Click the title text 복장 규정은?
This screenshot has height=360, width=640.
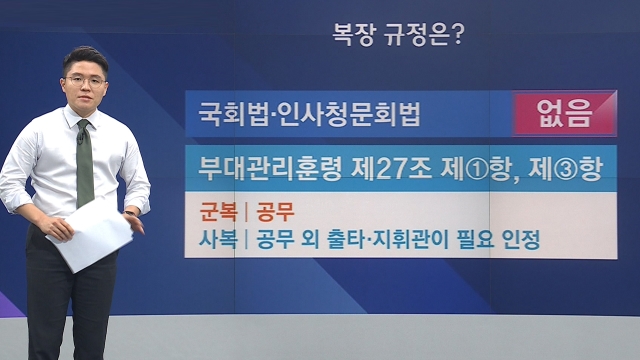pyautogui.click(x=398, y=35)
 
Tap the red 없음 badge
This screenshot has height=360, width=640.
pyautogui.click(x=564, y=113)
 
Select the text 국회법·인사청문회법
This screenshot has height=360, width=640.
pyautogui.click(x=309, y=113)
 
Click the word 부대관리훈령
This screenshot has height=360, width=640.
pyautogui.click(x=270, y=168)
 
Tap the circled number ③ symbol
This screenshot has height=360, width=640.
pyautogui.click(x=566, y=169)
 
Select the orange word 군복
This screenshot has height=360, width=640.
pyautogui.click(x=218, y=212)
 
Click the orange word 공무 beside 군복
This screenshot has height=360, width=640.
pyautogui.click(x=275, y=212)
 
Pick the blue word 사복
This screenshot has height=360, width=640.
pyautogui.click(x=218, y=239)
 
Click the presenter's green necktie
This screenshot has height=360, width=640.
pyautogui.click(x=84, y=164)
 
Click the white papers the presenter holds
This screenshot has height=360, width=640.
pyautogui.click(x=92, y=236)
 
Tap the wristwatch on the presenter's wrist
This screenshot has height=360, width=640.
pyautogui.click(x=130, y=213)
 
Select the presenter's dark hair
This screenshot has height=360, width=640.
pyautogui.click(x=85, y=59)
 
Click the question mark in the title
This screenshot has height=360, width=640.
pyautogui.click(x=458, y=35)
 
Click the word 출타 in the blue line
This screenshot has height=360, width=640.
pyautogui.click(x=347, y=239)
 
